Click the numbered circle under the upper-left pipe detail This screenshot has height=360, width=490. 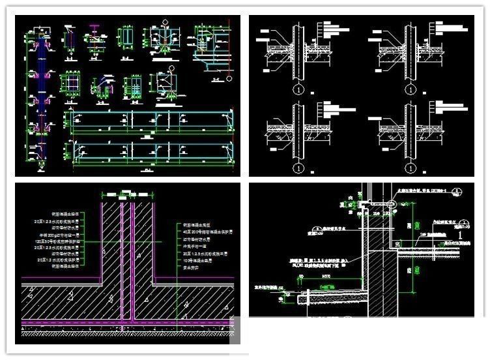click(x=298, y=87)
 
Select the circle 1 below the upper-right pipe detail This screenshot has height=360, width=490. click(x=412, y=87)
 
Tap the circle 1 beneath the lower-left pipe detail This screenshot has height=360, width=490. click(x=298, y=168)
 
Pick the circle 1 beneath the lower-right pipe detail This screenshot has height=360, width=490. click(x=412, y=168)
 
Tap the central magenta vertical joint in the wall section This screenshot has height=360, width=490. click(x=130, y=261)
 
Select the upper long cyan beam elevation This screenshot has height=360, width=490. click(x=150, y=121)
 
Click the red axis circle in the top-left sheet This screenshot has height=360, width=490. click(x=170, y=67)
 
